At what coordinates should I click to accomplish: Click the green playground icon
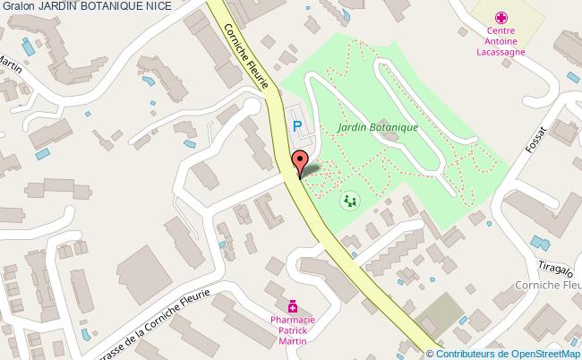point(348,201)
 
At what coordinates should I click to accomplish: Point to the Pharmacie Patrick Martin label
point(293,329)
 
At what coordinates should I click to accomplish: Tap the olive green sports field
point(440,313)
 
